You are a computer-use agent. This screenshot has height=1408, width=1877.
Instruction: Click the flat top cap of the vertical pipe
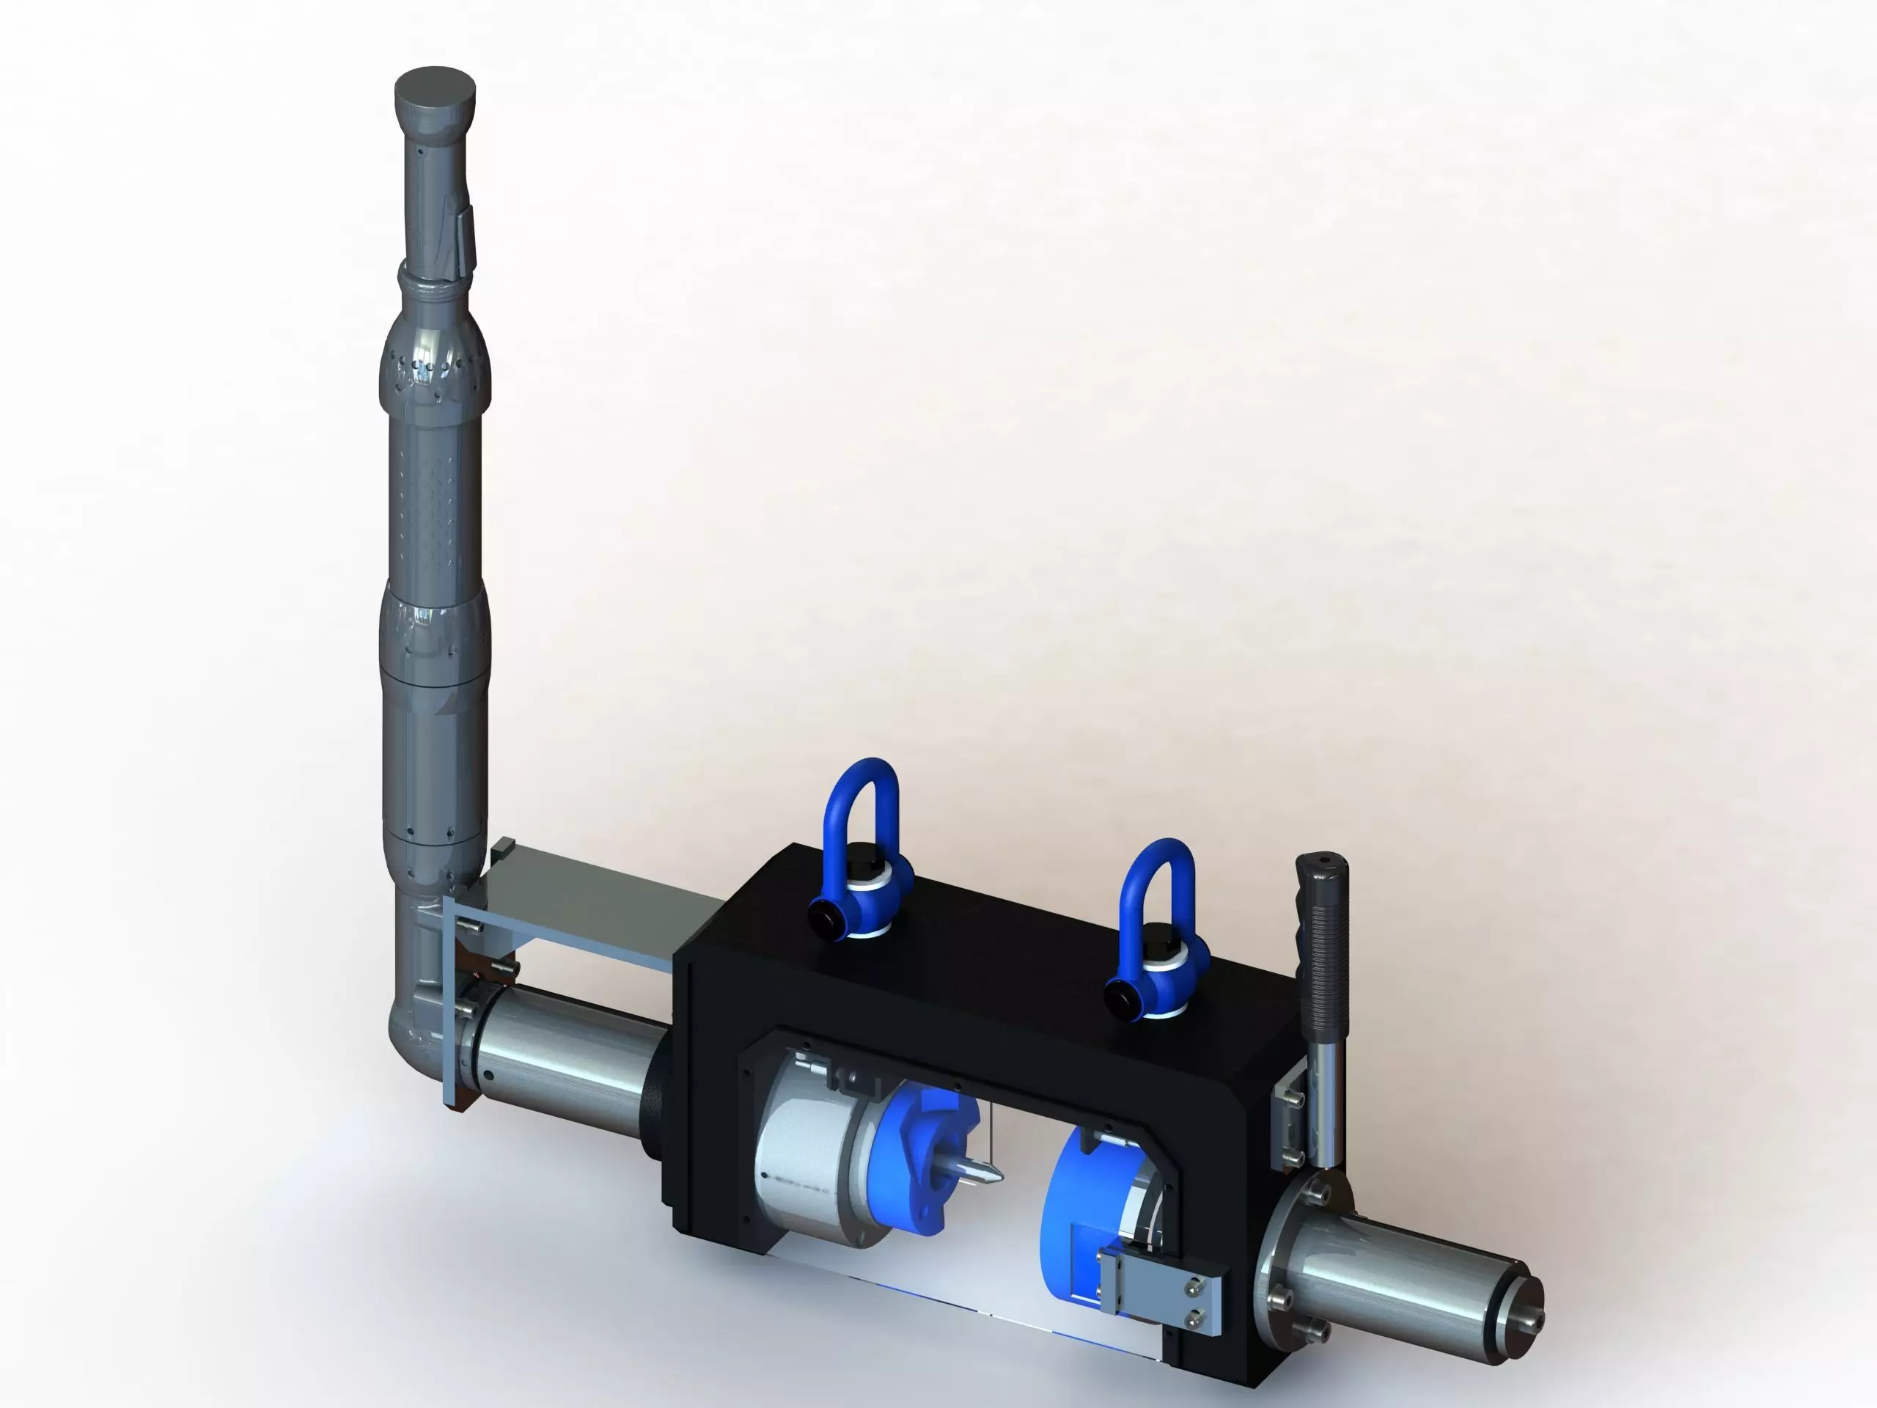pyautogui.click(x=436, y=88)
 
